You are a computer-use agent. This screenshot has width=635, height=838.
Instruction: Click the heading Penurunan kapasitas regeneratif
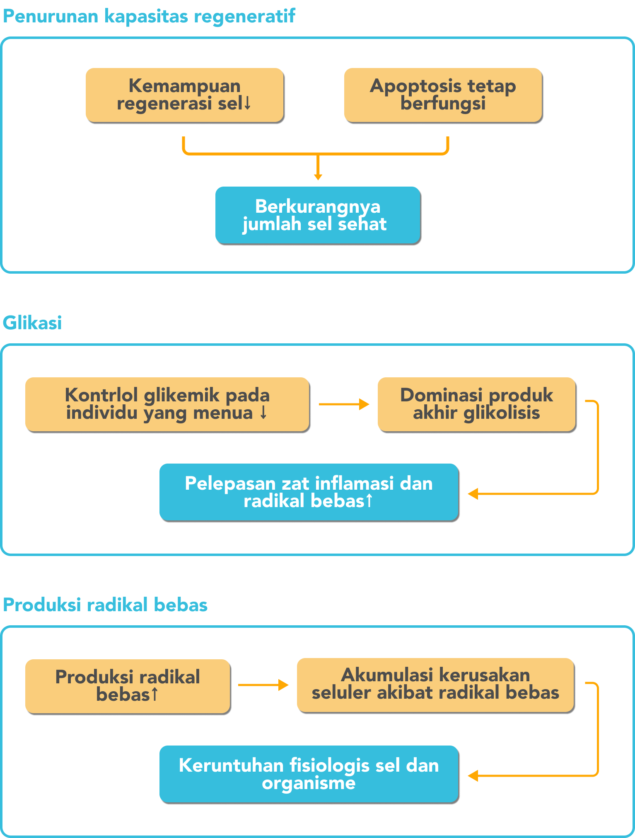[149, 17]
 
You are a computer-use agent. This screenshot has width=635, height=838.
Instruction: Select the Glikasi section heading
[32, 323]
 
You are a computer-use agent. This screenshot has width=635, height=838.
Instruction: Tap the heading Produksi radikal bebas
[105, 605]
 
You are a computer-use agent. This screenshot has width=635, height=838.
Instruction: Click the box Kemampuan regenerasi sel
[184, 95]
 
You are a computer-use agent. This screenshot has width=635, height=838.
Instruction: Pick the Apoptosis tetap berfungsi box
[443, 95]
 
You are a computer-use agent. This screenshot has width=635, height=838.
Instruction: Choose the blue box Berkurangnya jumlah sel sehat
[318, 215]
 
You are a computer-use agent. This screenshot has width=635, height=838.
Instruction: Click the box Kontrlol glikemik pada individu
[167, 404]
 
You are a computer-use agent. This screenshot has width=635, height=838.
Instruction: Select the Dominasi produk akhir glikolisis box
[476, 404]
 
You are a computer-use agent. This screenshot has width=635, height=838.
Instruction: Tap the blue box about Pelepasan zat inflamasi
[309, 492]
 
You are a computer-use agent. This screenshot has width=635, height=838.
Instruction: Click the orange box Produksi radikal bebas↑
[128, 686]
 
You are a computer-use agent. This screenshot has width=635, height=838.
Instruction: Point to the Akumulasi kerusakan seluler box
[435, 685]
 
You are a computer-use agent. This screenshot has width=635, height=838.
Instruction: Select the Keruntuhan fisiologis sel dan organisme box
[309, 774]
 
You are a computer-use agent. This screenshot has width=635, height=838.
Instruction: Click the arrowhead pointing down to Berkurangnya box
[318, 177]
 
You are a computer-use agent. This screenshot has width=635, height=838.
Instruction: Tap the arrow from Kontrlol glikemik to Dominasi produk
[344, 404]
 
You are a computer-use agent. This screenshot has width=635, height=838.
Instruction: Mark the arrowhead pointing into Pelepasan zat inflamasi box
[473, 494]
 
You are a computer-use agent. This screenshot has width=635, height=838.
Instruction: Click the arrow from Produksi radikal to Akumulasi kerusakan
[263, 685]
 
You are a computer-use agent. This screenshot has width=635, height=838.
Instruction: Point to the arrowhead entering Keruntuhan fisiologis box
[473, 776]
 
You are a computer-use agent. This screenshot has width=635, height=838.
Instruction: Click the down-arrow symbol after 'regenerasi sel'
[247, 103]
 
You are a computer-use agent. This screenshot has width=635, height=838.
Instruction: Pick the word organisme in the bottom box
[309, 783]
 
